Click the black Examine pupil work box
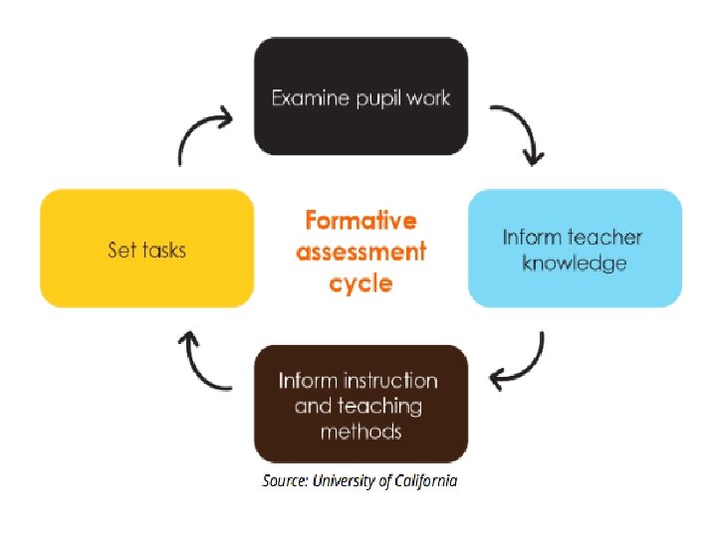pos(360,96)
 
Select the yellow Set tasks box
pos(147,249)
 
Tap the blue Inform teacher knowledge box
pos(575,249)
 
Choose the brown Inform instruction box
pos(360,404)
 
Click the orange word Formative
pos(360,220)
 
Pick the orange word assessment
pos(360,252)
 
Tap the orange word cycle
pos(360,283)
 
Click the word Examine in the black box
pos(310,97)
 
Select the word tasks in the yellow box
pos(164,250)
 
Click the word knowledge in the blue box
pos(575,264)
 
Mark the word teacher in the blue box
pos(604,237)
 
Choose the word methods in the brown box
pos(360,431)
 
